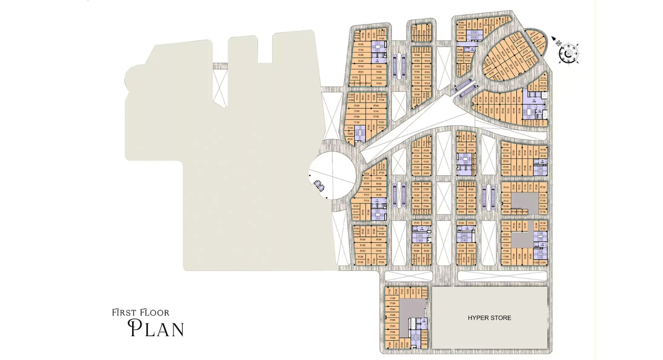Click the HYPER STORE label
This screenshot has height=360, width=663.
(x=489, y=318)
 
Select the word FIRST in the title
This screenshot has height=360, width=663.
(x=123, y=312)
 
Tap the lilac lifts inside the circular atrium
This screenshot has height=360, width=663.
(x=320, y=184)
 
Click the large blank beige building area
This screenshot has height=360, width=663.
(x=244, y=161)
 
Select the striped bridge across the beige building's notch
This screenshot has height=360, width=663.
(x=220, y=66)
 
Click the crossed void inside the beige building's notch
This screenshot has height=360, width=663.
(x=220, y=88)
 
